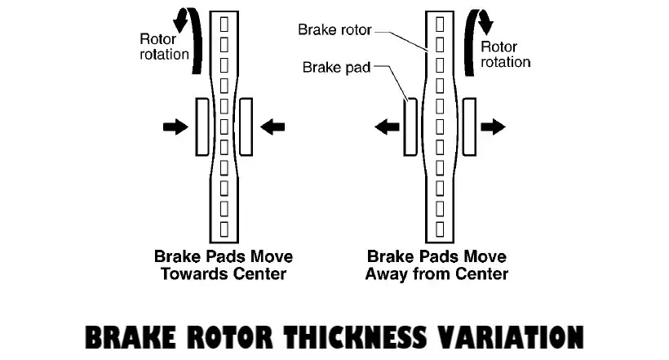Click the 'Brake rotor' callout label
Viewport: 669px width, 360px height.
pyautogui.click(x=334, y=30)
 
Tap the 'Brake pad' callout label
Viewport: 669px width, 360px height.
pyautogui.click(x=337, y=67)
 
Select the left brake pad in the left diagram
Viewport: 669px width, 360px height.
pyautogui.click(x=202, y=126)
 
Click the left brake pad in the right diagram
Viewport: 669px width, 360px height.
pyautogui.click(x=410, y=127)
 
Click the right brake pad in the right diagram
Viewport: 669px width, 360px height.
pyautogui.click(x=470, y=127)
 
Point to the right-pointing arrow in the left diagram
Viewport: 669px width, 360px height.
pyautogui.click(x=175, y=127)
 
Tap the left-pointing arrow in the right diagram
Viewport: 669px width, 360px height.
pyautogui.click(x=387, y=127)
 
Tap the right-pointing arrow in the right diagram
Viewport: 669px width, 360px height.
pyautogui.click(x=494, y=127)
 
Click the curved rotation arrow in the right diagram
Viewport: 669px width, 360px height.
pyautogui.click(x=472, y=37)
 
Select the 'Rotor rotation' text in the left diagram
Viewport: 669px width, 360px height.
pyautogui.click(x=164, y=47)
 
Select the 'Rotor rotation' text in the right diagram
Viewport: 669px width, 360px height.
pyautogui.click(x=505, y=54)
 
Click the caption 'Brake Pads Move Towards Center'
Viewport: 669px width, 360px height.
pyautogui.click(x=224, y=265)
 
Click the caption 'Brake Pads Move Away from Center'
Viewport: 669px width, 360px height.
pyautogui.click(x=436, y=265)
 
